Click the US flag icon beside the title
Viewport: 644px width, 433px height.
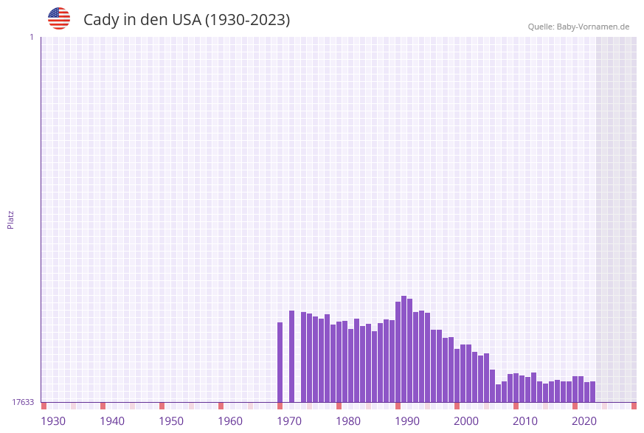coord(59,18)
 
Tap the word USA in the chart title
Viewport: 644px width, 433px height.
coord(186,20)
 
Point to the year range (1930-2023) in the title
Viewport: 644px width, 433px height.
coord(247,20)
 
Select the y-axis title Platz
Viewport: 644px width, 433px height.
coord(11,219)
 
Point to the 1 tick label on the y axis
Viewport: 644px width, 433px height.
coord(32,37)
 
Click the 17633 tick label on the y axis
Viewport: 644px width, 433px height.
coord(23,402)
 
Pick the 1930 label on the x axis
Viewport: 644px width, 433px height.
coord(53,421)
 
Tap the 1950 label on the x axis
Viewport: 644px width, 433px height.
coord(171,421)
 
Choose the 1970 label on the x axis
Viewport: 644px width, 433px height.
coord(289,421)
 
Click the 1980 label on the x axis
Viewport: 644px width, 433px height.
coord(348,421)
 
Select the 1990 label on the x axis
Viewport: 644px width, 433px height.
coord(407,421)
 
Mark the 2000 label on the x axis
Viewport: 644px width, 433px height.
coord(466,421)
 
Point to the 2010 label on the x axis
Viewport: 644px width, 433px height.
coord(525,421)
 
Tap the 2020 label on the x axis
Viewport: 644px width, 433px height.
coord(584,421)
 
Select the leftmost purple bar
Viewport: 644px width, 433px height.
coord(280,362)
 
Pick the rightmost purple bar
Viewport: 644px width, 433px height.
coord(592,392)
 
